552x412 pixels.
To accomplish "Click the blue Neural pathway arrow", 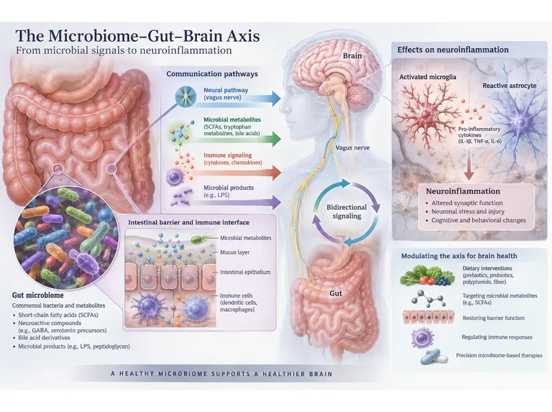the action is [239, 101].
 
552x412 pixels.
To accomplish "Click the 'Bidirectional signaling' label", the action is [346, 211].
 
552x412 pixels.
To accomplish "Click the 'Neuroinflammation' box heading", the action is [463, 191].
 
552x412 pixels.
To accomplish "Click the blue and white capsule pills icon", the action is [434, 357].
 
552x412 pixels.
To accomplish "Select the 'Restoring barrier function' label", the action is [494, 318].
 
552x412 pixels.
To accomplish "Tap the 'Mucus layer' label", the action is [235, 252].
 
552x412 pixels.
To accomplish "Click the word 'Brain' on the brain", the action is [352, 55].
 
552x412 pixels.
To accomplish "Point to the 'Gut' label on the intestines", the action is [336, 293].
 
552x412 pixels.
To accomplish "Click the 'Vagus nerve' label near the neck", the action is [352, 147].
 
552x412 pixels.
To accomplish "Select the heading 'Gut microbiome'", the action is [38, 295].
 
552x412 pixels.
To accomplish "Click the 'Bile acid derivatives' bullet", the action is [44, 337].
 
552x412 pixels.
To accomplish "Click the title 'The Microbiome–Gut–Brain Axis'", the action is [138, 36].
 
